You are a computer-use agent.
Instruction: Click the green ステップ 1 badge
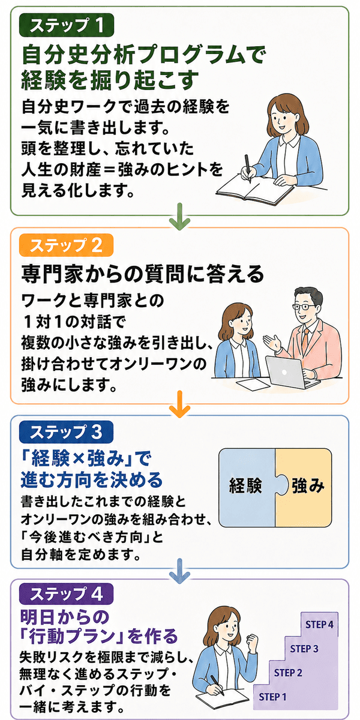67,25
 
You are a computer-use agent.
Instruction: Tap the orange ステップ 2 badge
66,245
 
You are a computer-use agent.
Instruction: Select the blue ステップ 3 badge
66,433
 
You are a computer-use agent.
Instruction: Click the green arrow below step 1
179,217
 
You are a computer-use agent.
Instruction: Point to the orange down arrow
179,404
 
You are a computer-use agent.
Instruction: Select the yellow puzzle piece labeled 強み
304,488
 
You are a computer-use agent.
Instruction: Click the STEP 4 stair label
319,625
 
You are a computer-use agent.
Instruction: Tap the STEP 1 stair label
272,697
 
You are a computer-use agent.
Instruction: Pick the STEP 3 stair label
304,649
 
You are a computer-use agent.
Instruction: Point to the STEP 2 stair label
288,673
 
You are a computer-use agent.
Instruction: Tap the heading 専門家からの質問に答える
142,275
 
